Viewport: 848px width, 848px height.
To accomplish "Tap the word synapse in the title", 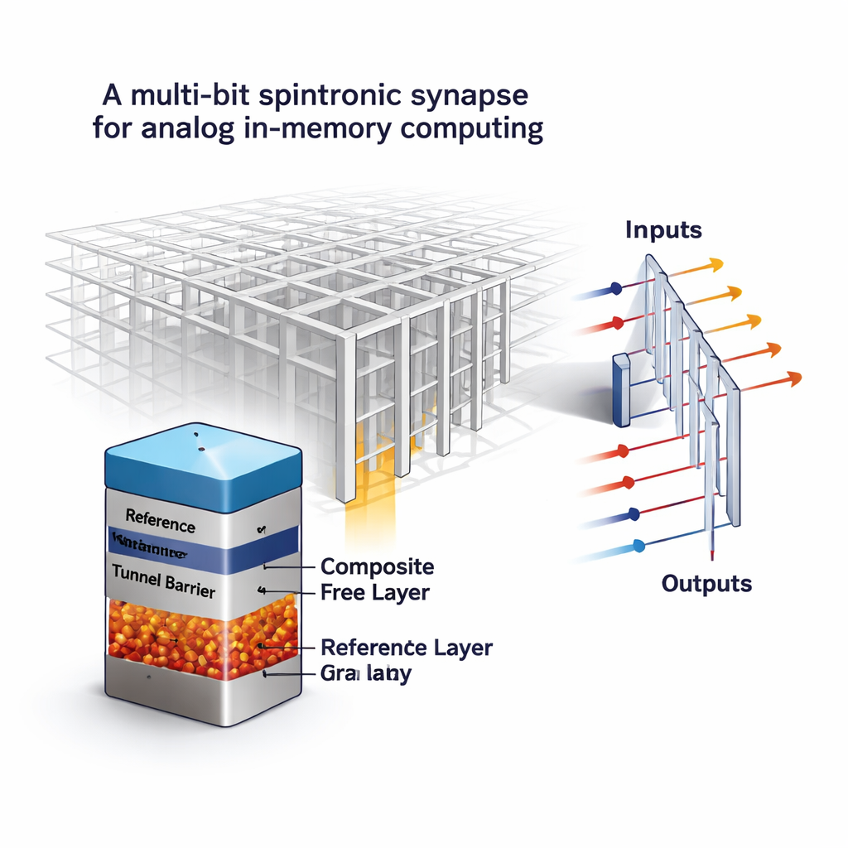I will point(470,97).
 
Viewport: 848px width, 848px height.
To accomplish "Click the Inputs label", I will point(664,229).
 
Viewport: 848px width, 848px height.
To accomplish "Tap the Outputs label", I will point(706,583).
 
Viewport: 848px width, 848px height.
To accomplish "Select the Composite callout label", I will point(377,566).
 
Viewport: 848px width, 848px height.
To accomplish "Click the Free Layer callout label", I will point(374,592).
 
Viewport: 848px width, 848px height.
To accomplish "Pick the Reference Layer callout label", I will point(406,647).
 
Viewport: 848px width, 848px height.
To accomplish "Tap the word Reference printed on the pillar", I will point(161,525).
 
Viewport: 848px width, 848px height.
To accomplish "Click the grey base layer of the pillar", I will point(199,691).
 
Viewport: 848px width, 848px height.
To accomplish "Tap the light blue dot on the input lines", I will point(638,545).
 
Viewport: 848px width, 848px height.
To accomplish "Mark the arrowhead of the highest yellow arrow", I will point(715,264).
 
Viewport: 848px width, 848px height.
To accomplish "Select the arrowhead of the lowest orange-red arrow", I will point(794,378).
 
